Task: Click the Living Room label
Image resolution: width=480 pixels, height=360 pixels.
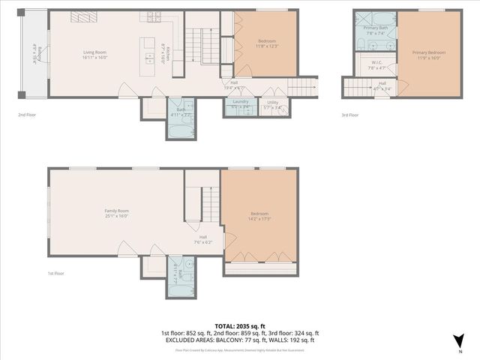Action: tap(95, 52)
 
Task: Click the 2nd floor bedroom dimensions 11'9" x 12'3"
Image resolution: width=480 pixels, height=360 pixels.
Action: tap(268, 46)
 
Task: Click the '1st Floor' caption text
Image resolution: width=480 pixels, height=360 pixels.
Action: tap(55, 274)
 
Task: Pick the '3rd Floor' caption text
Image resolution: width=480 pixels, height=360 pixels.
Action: tap(350, 115)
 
